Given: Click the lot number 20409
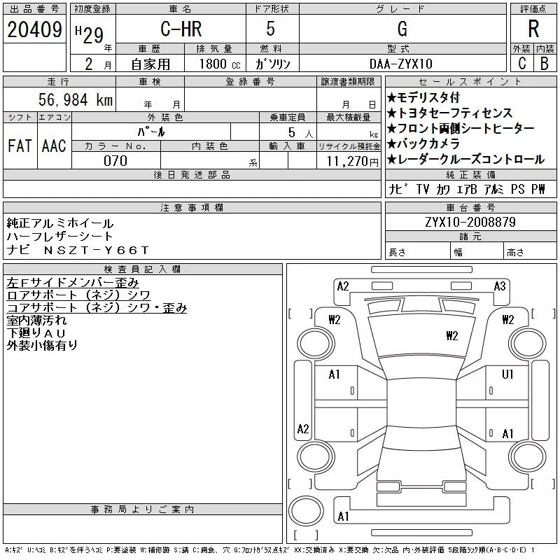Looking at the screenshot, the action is (x=34, y=29).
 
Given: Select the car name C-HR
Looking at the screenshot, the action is (x=181, y=29).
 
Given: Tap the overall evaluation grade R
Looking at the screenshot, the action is (x=533, y=29).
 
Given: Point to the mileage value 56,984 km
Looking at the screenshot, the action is (x=76, y=99).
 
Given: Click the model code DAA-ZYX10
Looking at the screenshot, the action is (x=400, y=64).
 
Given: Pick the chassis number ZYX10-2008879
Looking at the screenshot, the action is (x=470, y=222).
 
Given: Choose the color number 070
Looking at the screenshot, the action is (x=115, y=161).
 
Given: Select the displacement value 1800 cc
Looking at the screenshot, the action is (x=220, y=64).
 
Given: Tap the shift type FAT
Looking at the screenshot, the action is (x=20, y=146).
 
